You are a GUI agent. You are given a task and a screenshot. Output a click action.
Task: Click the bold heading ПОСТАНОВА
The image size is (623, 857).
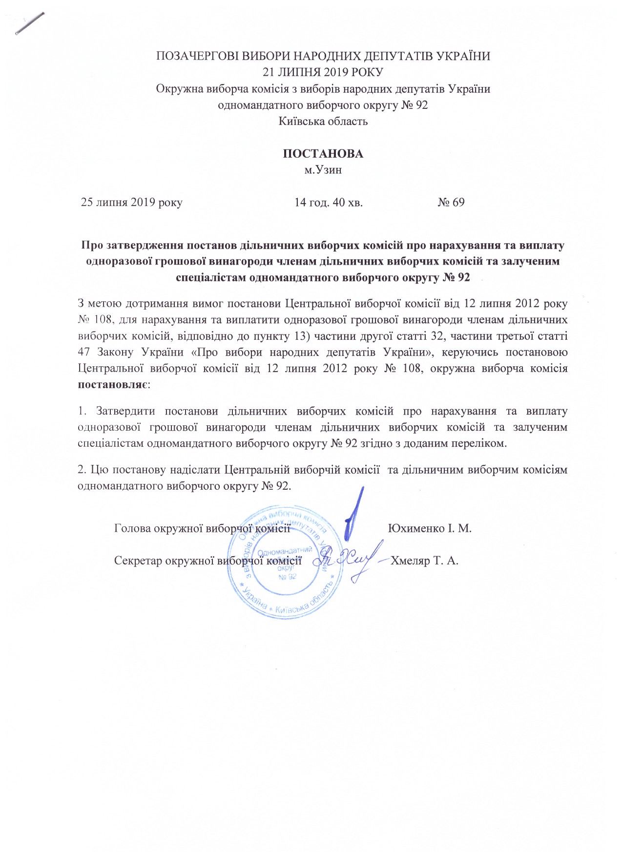(x=323, y=154)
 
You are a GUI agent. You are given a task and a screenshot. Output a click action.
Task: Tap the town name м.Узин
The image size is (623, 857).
(x=323, y=170)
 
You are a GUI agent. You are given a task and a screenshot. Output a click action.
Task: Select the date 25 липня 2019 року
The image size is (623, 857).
(x=131, y=202)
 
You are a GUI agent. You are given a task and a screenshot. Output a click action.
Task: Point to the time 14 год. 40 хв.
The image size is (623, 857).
(x=328, y=202)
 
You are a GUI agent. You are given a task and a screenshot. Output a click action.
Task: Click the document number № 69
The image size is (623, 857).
(x=451, y=202)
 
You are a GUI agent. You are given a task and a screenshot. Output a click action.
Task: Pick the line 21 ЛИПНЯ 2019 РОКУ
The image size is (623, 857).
(x=323, y=72)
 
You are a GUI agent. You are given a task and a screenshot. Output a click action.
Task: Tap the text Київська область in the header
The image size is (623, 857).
(x=323, y=121)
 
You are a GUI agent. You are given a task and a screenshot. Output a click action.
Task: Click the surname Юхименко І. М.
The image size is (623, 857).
(x=429, y=528)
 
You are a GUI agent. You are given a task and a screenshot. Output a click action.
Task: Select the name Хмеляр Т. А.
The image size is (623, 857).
(x=424, y=561)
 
